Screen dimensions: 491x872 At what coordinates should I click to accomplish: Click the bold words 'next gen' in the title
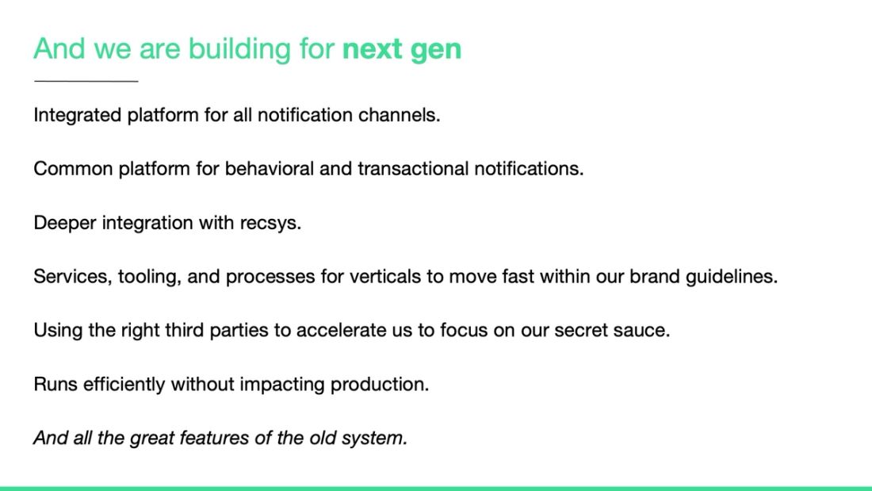401,49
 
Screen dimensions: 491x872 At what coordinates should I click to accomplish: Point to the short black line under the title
86,81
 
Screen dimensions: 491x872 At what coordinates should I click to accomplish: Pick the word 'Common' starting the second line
73,169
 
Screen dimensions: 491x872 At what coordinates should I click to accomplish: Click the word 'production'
378,385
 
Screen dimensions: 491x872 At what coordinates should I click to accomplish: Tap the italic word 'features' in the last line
212,438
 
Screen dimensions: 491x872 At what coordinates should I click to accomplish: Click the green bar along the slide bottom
436,488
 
